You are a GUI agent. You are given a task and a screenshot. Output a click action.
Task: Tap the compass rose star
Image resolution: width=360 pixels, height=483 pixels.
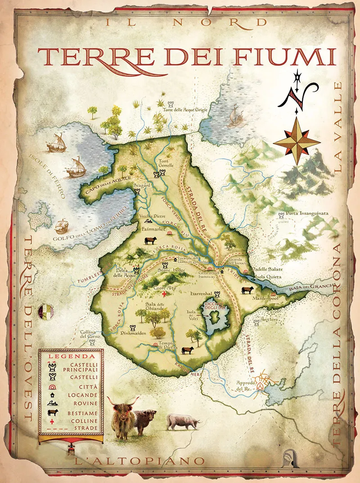click(297, 141)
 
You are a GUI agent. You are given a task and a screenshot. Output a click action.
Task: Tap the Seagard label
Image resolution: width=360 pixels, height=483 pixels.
click(142, 185)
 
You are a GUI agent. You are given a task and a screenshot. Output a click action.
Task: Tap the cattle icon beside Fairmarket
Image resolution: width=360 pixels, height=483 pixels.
click(150, 241)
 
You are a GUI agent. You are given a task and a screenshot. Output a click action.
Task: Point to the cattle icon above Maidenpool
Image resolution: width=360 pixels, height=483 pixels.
click(247, 290)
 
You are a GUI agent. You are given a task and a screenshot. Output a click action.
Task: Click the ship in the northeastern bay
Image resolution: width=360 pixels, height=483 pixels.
click(234, 117)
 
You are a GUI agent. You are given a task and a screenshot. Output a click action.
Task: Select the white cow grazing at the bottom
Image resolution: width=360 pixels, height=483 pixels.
click(182, 422)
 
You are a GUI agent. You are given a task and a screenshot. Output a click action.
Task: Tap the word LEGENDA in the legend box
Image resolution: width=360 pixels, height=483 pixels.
click(71, 356)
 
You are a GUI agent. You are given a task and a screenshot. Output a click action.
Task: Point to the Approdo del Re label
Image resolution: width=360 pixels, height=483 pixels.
click(246, 385)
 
